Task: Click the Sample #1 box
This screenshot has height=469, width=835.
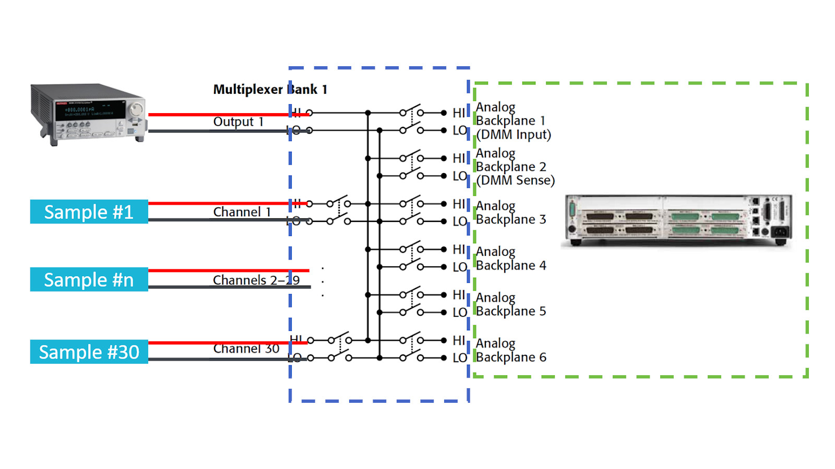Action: (x=89, y=212)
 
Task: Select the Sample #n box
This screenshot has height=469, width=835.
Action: (x=89, y=280)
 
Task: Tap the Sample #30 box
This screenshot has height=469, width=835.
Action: (x=89, y=352)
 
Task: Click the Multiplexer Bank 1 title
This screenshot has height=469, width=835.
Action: (x=270, y=90)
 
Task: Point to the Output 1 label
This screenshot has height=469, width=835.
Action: (x=238, y=122)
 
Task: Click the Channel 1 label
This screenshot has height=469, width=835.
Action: (x=242, y=212)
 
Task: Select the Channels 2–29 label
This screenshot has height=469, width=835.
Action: (x=256, y=280)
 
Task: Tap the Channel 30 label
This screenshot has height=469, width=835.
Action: (x=246, y=349)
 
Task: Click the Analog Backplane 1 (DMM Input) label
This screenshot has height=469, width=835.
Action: (x=512, y=121)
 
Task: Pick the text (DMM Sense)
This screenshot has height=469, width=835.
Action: (x=515, y=180)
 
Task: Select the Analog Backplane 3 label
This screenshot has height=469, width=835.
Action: (x=510, y=213)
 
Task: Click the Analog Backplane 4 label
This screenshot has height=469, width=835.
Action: (x=510, y=258)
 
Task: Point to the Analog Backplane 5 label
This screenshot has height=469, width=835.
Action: (x=510, y=304)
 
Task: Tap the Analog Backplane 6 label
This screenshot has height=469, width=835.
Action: (x=510, y=350)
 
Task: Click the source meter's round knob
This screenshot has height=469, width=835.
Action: (x=136, y=109)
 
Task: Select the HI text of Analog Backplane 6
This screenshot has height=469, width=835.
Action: (x=459, y=341)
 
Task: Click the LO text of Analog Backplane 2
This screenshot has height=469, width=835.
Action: (x=459, y=176)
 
